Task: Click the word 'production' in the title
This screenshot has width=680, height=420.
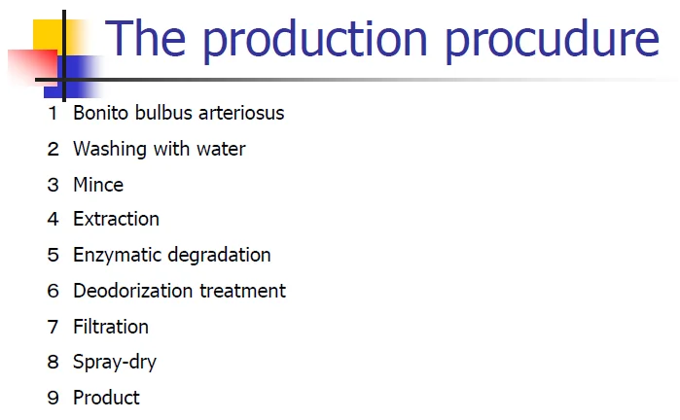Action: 315,40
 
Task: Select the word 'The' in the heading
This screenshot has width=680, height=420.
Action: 146,38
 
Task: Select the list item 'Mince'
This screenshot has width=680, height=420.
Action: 98,185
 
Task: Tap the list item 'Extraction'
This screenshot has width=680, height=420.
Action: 116,220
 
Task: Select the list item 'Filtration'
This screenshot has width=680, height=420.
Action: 111,327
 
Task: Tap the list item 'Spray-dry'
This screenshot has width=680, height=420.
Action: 115,363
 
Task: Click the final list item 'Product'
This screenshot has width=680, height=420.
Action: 106,398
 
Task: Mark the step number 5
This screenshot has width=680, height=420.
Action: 54,256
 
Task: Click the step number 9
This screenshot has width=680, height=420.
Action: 54,398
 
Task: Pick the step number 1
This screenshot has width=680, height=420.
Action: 54,114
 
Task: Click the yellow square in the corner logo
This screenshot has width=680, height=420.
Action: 48,35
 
